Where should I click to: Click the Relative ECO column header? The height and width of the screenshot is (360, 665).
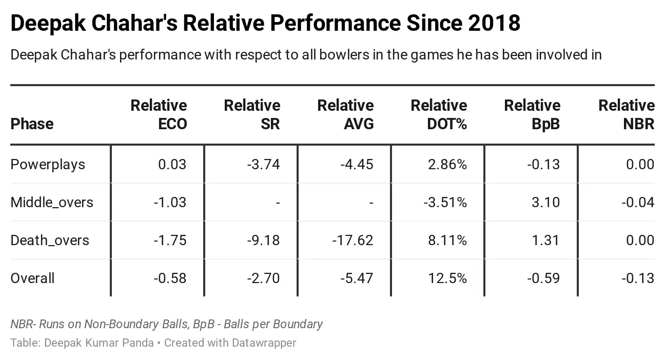(x=159, y=114)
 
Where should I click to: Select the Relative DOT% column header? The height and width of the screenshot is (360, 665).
(x=439, y=114)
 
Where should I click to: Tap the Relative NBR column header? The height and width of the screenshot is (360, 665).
(x=627, y=114)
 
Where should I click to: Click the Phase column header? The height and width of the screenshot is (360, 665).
(x=32, y=124)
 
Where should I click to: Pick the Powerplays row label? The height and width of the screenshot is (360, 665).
(x=48, y=165)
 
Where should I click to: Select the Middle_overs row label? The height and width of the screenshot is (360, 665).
(x=52, y=203)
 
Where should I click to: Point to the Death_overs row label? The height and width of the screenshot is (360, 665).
(x=50, y=241)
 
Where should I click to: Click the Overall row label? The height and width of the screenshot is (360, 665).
(x=32, y=278)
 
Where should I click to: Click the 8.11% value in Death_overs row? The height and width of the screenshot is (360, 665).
(x=447, y=241)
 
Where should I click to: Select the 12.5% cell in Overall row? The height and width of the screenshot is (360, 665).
(x=447, y=278)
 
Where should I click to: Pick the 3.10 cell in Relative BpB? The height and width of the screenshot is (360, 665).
(x=546, y=203)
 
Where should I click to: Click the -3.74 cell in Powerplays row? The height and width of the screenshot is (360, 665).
(x=264, y=165)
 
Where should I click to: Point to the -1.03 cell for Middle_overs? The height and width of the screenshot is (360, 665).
(x=170, y=203)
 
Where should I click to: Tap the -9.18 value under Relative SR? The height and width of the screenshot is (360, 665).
(x=264, y=241)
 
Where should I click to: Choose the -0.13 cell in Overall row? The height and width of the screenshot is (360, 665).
(x=638, y=278)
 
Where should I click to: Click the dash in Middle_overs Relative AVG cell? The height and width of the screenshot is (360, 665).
(x=371, y=203)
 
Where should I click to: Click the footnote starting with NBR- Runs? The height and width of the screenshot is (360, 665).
(x=167, y=324)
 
